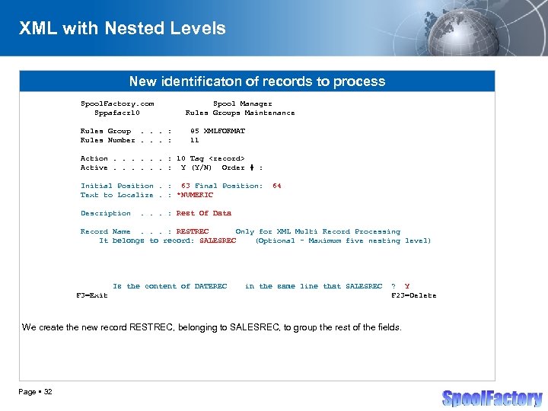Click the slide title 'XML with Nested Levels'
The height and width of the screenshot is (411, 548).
122,29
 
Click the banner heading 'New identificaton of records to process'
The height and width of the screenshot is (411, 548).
256,81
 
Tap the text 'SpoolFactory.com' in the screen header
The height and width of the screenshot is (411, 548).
117,104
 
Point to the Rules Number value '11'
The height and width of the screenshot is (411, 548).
194,140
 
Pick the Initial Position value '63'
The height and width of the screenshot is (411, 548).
185,186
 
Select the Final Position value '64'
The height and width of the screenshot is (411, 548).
276,186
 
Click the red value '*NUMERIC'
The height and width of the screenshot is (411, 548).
195,195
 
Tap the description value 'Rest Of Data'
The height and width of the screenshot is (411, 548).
203,213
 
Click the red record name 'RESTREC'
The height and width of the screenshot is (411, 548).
193,231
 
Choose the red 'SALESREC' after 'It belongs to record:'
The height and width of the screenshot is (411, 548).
218,241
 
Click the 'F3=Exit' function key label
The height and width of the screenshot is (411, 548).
91,295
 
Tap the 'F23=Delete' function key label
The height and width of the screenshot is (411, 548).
413,295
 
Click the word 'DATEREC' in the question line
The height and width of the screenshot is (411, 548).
211,286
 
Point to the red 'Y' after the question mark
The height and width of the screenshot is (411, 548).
407,286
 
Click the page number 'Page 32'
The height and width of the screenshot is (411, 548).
37,392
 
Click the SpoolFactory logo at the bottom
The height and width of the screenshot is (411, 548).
492,398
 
